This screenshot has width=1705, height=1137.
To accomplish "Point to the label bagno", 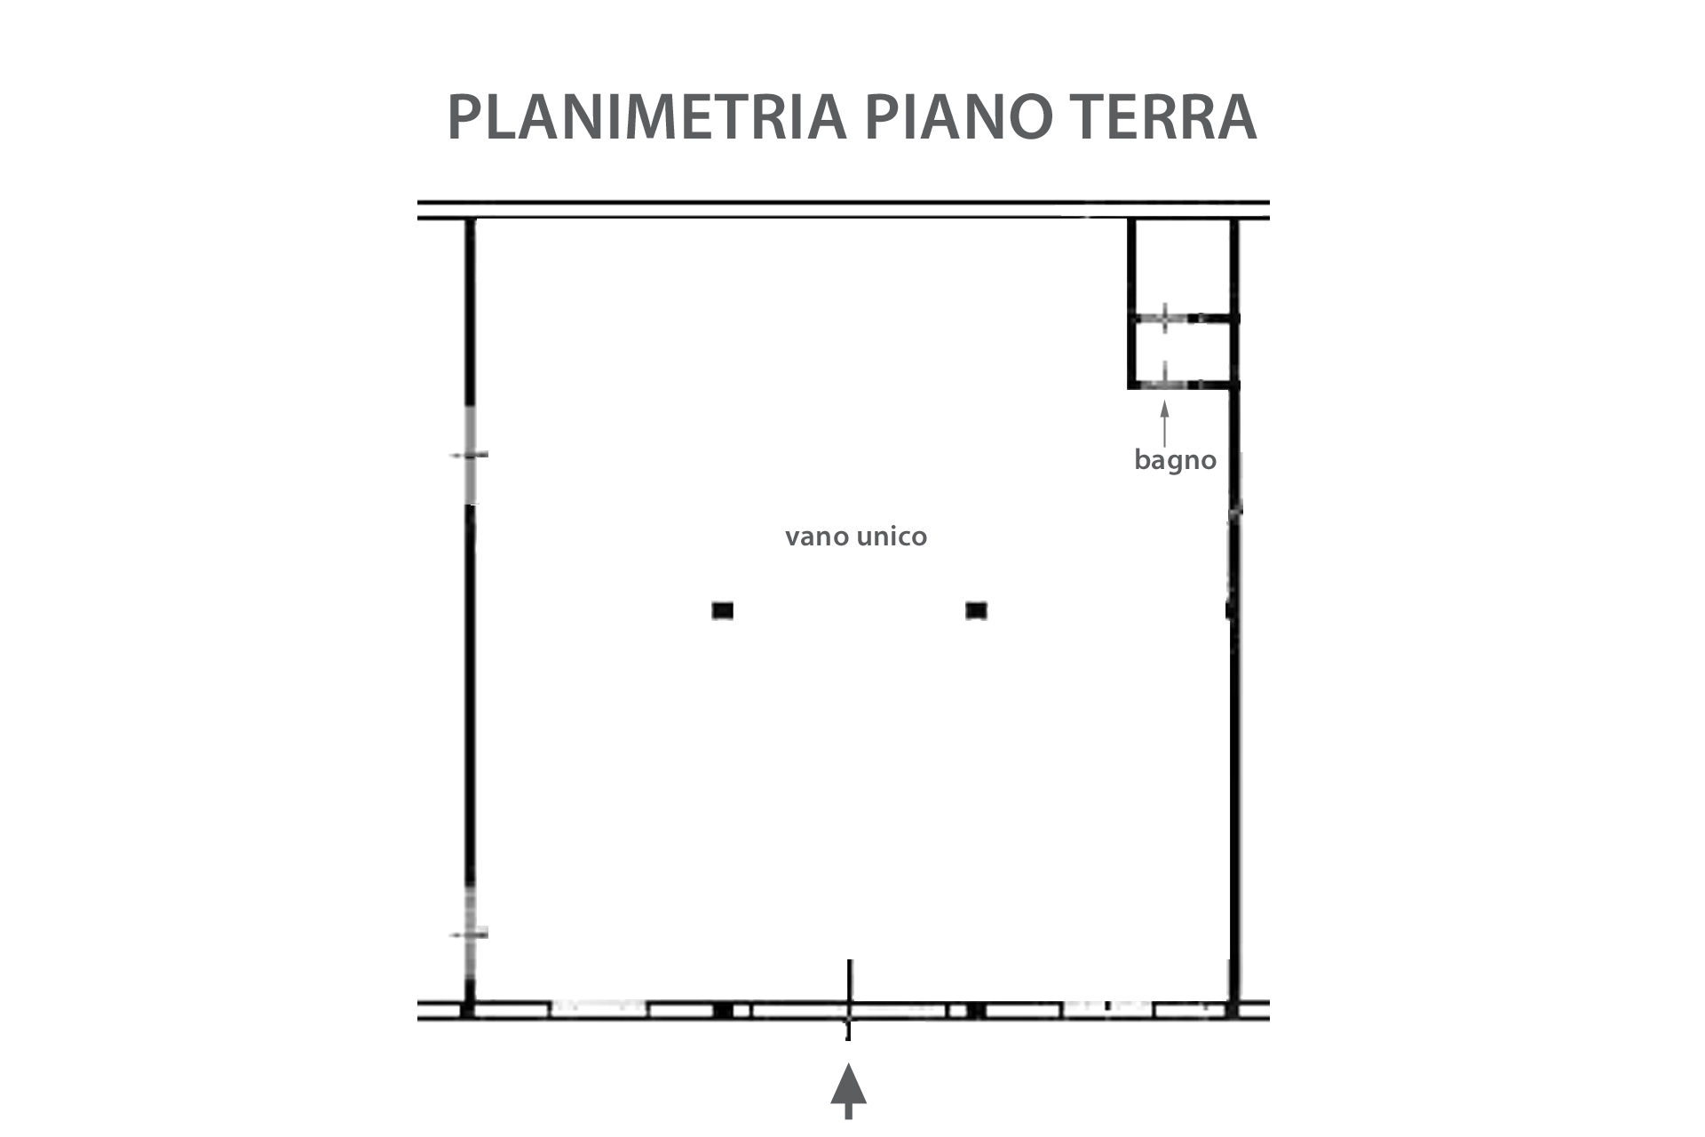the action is click(x=1175, y=461).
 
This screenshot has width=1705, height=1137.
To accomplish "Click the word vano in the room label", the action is click(x=817, y=537).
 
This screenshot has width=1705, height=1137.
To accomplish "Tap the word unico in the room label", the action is click(x=892, y=536).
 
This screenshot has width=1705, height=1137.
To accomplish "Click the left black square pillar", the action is click(x=722, y=610).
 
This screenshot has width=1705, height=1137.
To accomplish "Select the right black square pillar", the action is click(x=976, y=610).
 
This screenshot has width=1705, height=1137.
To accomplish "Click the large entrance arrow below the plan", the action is click(x=849, y=1093).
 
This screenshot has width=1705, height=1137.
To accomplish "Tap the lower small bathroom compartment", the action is click(x=1181, y=353).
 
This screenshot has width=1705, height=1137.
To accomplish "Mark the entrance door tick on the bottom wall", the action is click(x=850, y=998).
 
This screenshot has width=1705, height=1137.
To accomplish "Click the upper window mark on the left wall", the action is click(x=469, y=455).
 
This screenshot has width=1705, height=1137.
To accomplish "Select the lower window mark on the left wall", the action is click(x=469, y=934).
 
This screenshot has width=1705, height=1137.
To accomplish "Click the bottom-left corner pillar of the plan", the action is click(x=468, y=1010).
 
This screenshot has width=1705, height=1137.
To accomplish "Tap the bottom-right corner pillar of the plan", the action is click(x=1233, y=1010).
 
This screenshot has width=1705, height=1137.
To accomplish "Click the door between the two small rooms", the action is click(x=1164, y=317).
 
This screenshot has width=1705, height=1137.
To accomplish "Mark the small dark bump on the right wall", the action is click(x=1230, y=610).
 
